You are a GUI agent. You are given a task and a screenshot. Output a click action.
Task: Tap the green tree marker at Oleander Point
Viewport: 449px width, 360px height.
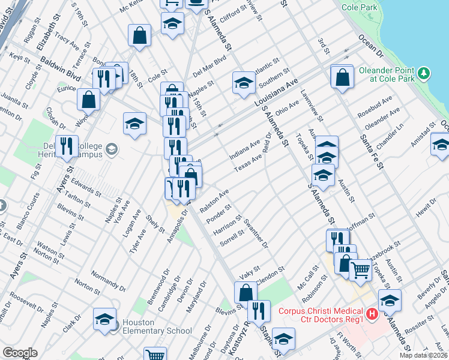[x=424, y=73]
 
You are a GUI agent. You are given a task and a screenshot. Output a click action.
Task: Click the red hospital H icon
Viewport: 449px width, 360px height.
[x=372, y=313]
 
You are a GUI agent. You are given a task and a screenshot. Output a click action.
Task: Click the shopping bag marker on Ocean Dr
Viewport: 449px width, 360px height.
[x=342, y=77]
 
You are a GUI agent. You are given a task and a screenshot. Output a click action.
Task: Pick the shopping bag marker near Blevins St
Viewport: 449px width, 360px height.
[x=246, y=293]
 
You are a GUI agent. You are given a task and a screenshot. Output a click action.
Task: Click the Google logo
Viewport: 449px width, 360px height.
[x=20, y=353]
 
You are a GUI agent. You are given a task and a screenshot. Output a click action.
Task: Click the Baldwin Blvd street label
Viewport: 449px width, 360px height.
[x=60, y=69]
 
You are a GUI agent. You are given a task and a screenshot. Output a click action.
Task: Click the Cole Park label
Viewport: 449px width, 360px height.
[x=358, y=8]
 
